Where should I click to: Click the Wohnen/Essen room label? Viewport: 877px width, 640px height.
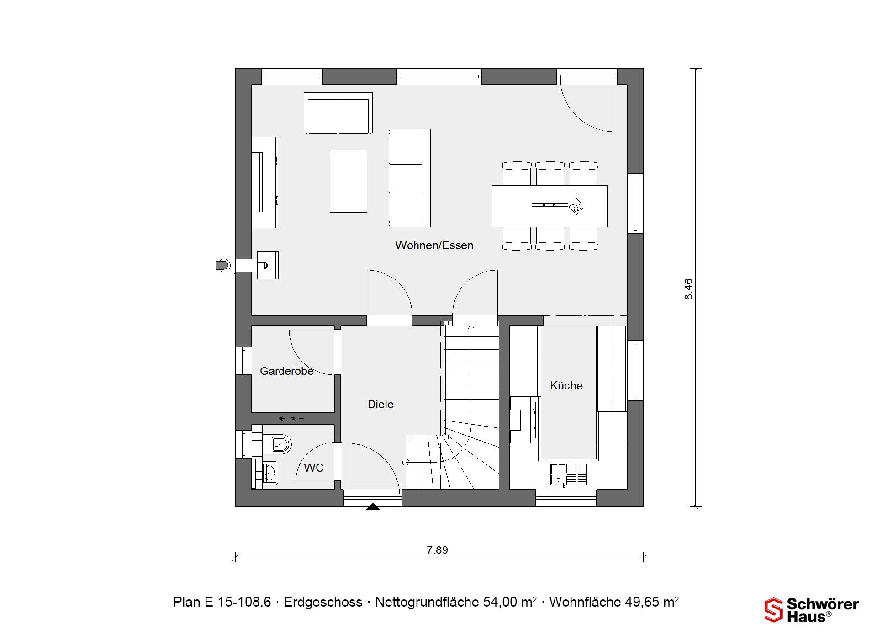coord(434,245)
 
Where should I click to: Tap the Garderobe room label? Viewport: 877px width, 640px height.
coord(287,371)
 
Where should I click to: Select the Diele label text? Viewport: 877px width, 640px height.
coord(380,404)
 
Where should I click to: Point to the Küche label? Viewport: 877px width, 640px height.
coord(566,385)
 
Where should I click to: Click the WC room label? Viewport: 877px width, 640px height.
coord(314,468)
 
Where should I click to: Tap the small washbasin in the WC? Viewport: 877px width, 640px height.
coord(270,473)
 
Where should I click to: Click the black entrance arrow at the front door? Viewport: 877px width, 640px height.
coord(373,506)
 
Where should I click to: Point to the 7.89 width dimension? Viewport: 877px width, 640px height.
coord(437,550)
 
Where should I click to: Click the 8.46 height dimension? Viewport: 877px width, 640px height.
coord(688,289)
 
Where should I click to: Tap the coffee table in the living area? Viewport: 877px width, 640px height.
coord(349,181)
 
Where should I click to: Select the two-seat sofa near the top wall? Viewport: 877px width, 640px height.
coord(338,113)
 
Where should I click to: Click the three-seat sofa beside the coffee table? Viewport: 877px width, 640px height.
coord(409,178)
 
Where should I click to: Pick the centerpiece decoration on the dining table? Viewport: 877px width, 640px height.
coord(577,206)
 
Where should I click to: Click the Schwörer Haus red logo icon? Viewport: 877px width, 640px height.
coord(774,610)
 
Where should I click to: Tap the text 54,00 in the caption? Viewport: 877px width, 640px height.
coord(501,602)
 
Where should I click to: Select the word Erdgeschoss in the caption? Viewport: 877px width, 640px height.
coord(323,602)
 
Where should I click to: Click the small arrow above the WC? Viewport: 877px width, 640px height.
coord(292,418)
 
